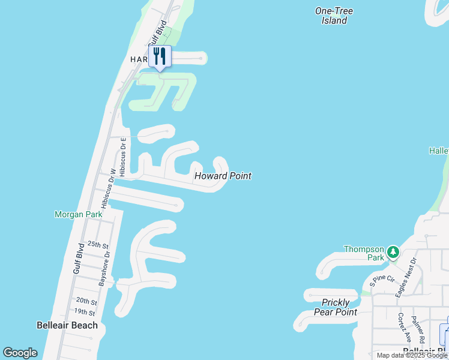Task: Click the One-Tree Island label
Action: [x=334, y=16]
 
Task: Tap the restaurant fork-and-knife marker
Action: [x=160, y=56]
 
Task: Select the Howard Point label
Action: [x=222, y=176]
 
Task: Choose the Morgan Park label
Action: [x=78, y=214]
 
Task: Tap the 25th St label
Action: [x=97, y=245]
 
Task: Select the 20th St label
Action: [x=86, y=301]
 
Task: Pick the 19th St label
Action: [x=85, y=312]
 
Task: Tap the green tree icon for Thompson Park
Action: [x=393, y=251]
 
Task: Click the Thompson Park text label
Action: [x=364, y=253]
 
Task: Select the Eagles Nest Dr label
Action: [x=406, y=277]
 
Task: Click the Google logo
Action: [x=20, y=353]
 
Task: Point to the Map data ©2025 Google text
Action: [x=412, y=355]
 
